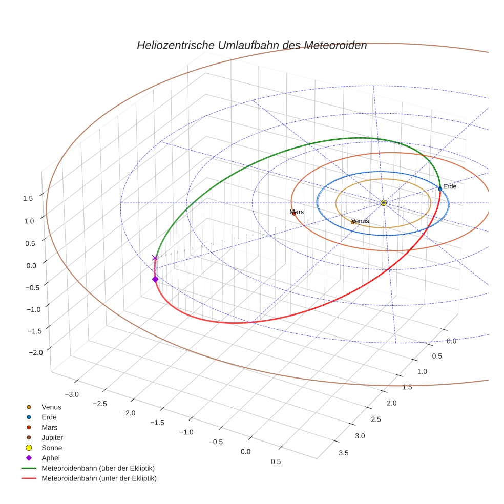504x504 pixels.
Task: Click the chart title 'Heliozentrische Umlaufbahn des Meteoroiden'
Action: click(251, 45)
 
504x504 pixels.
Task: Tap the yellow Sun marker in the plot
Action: click(384, 203)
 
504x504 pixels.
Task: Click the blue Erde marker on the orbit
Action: click(440, 189)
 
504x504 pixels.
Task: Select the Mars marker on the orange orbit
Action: click(294, 213)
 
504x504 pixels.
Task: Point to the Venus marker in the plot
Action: click(352, 222)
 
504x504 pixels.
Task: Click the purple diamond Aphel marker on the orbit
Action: click(155, 279)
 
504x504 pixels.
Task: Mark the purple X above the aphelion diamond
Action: click(155, 258)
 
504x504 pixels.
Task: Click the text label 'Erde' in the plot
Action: click(450, 186)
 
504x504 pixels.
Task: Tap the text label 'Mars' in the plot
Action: click(297, 212)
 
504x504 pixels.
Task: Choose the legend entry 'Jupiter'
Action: click(52, 437)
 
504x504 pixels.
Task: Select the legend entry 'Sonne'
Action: click(52, 448)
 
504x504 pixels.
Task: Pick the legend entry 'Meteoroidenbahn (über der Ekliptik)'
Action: click(98, 468)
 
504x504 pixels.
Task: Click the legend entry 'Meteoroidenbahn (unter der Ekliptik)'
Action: click(99, 478)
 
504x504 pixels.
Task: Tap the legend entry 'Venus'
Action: click(51, 407)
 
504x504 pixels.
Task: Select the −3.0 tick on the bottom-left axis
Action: click(71, 394)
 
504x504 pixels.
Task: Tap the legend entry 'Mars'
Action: click(49, 427)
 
